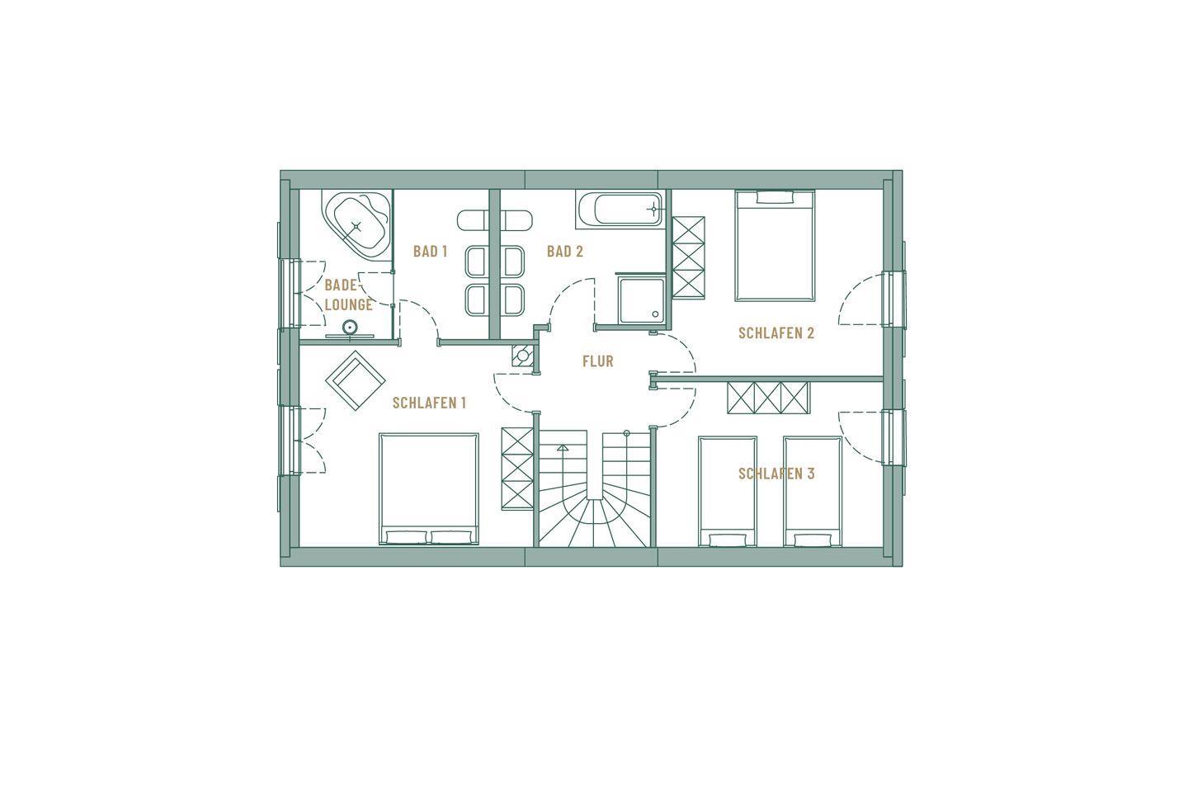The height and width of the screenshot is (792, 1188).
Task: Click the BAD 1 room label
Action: coord(430,252)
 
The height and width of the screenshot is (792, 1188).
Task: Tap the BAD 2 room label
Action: coord(565,252)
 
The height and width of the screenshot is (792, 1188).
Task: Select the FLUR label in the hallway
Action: coord(597,361)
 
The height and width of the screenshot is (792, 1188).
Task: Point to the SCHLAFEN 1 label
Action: coord(429,403)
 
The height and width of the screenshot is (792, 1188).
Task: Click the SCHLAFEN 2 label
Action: coord(775,333)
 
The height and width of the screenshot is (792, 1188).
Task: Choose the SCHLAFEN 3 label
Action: coord(775,474)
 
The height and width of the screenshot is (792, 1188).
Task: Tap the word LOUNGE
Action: coord(348,305)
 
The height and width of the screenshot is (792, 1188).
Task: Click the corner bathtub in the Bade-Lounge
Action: coord(356,225)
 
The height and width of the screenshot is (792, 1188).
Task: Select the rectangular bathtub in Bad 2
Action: coord(620,210)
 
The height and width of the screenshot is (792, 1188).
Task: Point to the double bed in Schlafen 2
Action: coord(775,246)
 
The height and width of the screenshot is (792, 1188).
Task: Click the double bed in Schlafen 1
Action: coord(429,488)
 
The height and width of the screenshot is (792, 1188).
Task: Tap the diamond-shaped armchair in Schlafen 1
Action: coord(356,380)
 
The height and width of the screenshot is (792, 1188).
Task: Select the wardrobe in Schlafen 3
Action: coord(769,398)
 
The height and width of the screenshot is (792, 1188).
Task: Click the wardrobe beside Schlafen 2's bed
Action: coord(688,257)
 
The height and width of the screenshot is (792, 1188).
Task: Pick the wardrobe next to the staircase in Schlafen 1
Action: coord(517,469)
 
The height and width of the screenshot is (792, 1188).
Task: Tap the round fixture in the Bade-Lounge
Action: coord(350,328)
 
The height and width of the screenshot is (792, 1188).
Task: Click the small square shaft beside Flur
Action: coord(523,356)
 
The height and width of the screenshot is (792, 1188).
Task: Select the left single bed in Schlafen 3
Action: coord(728,491)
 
